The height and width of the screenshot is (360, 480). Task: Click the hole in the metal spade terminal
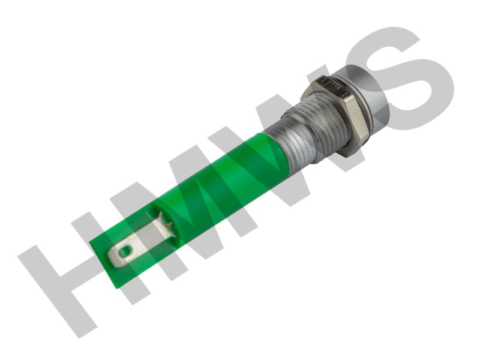tap(125, 251)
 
